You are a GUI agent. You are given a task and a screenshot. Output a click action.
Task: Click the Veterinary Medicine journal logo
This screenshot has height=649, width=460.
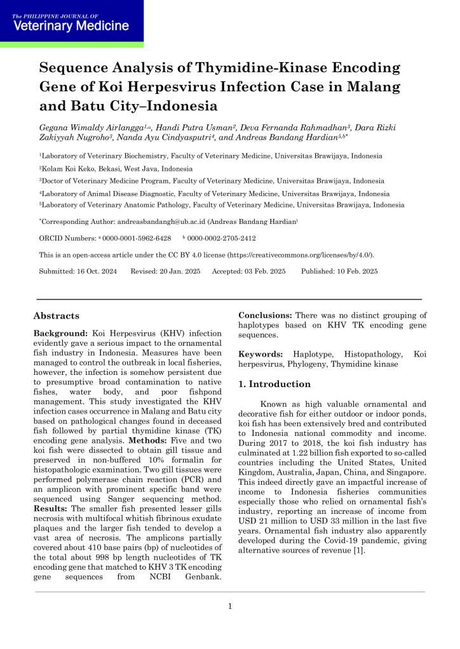click(71, 23)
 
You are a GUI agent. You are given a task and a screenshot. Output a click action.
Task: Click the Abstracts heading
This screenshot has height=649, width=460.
click(57, 316)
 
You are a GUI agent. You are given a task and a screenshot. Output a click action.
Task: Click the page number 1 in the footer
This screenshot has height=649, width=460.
click(230, 606)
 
